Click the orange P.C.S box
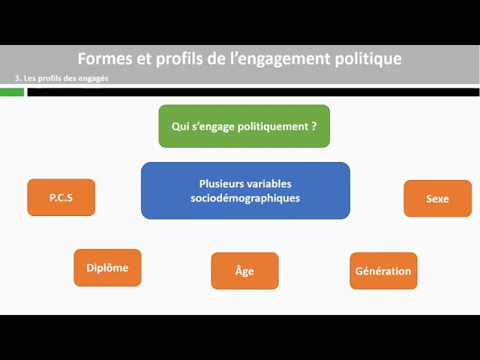coord(61,198)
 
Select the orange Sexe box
coord(437,199)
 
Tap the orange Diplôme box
coord(107,268)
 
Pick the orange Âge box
coord(244,271)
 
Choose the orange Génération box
coord(383,271)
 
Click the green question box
coord(244,126)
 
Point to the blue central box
coord(245,190)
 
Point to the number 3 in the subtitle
coord(17,79)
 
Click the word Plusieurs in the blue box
coord(223,184)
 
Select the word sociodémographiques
coord(245,198)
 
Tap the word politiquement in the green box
coord(272,126)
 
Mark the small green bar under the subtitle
coord(12,92)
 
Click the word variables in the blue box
coord(270,184)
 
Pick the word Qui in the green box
coord(180,126)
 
